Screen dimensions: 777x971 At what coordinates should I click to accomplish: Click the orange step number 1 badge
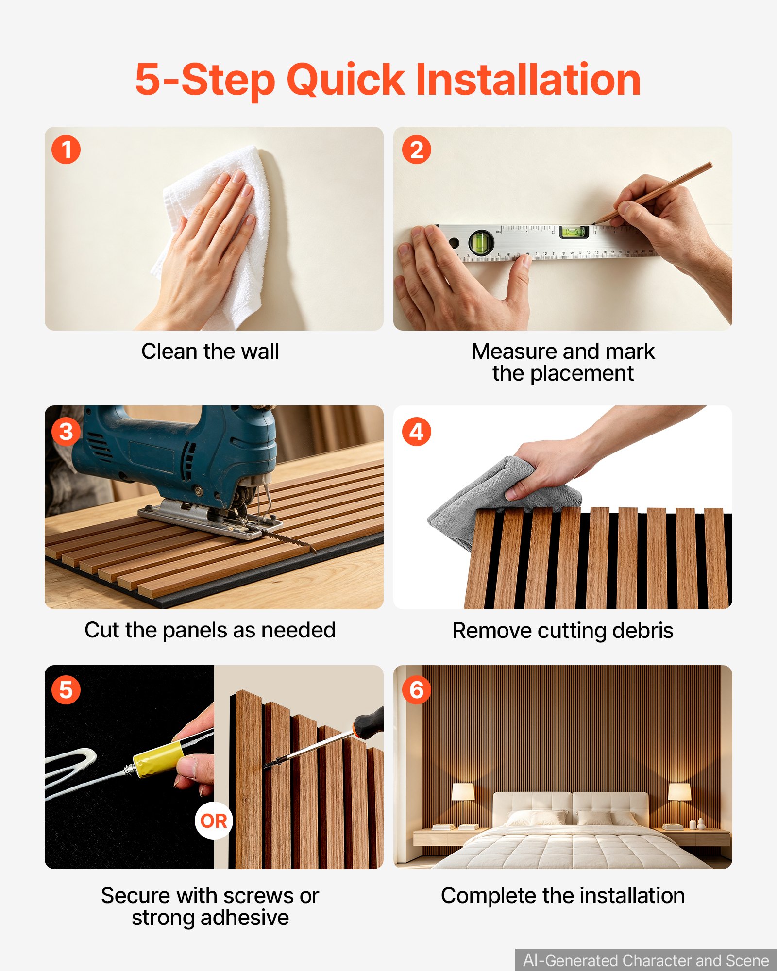point(66,150)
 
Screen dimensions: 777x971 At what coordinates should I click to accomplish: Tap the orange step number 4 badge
point(417,432)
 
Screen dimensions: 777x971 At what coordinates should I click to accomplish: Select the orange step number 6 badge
point(417,690)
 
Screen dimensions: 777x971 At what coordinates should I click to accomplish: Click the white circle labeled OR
point(214,821)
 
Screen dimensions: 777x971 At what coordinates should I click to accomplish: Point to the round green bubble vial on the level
point(481,242)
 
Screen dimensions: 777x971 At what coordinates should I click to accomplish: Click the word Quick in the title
point(345,81)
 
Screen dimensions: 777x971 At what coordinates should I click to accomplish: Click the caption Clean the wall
point(210,351)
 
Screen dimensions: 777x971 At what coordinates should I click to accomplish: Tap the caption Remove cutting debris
point(563,630)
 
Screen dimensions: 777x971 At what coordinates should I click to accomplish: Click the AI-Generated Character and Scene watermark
point(646,960)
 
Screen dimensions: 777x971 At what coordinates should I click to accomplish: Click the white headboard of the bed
point(571,806)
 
